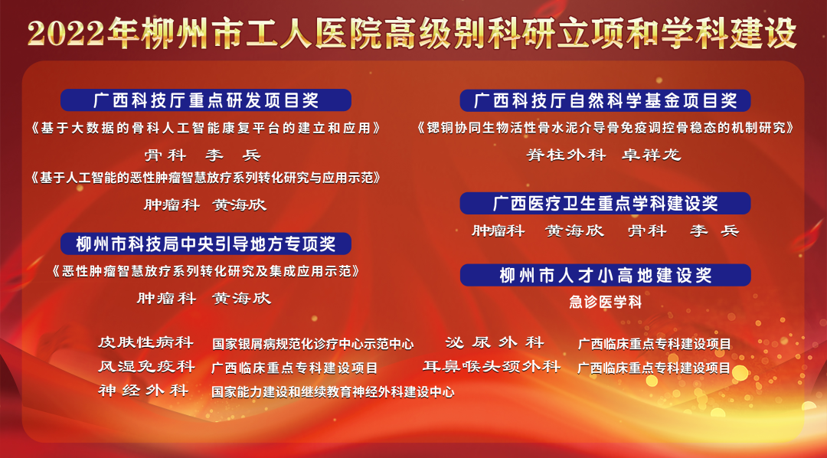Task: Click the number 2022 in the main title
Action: click(67, 34)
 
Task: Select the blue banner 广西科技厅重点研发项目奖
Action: click(206, 100)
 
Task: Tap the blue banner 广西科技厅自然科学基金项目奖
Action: click(605, 100)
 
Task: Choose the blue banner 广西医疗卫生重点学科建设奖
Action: click(605, 203)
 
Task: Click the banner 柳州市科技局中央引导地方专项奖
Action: click(206, 244)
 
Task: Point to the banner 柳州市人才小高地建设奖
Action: click(605, 275)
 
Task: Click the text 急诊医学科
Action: click(606, 303)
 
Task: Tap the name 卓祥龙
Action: click(652, 155)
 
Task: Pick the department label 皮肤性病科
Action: click(146, 342)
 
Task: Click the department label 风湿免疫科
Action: click(146, 366)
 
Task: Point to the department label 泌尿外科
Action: click(494, 342)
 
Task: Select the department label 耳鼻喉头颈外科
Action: click(492, 366)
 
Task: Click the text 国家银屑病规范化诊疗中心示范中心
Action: click(312, 345)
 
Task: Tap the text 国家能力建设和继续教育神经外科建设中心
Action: click(333, 392)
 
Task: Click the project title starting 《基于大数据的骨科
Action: click(206, 128)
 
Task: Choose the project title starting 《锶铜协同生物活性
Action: click(605, 128)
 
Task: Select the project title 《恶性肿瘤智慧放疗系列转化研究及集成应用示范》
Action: click(206, 271)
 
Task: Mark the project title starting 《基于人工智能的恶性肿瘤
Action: click(206, 178)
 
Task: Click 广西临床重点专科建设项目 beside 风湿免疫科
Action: click(295, 368)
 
